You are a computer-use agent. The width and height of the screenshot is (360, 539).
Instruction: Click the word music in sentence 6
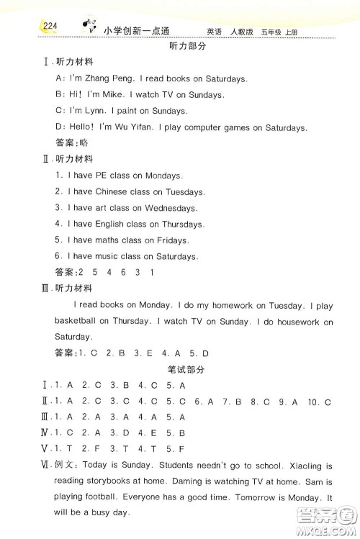[106, 257]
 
